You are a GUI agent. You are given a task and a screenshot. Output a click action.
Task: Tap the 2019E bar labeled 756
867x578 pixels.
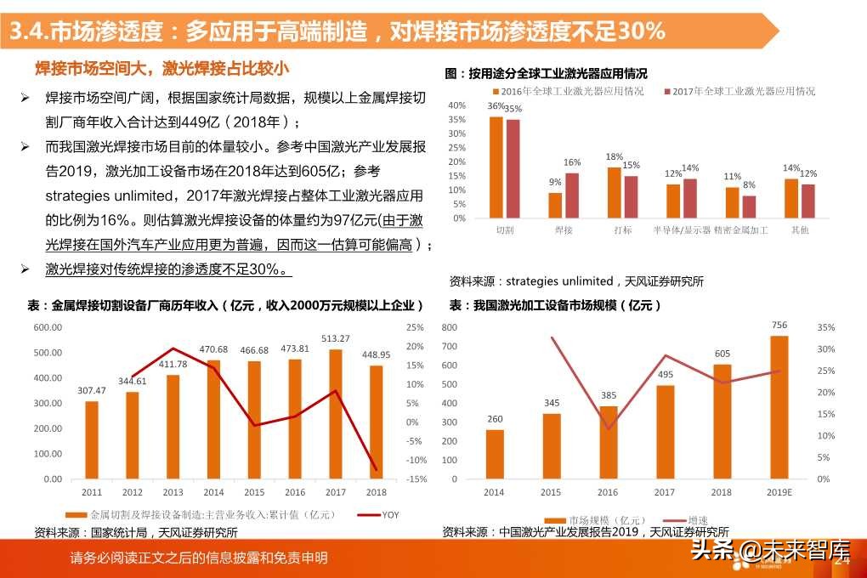[779, 407]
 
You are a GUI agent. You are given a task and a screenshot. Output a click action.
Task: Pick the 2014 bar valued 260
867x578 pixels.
[495, 454]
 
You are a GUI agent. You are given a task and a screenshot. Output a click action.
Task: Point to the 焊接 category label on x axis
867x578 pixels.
[564, 229]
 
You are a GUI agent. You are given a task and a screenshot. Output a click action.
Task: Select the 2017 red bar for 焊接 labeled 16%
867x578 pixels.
[572, 195]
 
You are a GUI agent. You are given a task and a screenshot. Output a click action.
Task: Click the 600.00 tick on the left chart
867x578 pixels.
[48, 327]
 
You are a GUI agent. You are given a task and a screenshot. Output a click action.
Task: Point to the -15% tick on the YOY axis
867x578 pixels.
[416, 479]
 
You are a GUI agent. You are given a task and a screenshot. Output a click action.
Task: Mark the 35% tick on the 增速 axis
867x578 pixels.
[825, 327]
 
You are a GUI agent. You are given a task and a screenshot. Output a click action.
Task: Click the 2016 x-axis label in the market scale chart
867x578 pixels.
[609, 492]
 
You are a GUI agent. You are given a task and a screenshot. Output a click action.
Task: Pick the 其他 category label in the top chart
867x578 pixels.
[800, 229]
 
